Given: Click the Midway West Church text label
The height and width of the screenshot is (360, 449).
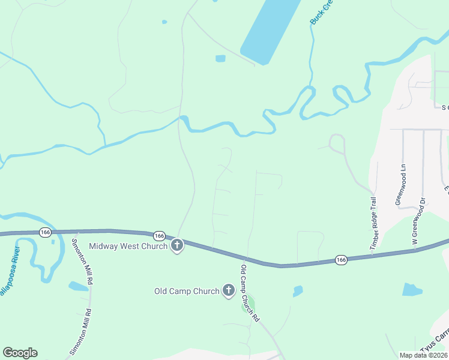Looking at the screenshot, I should pos(128,246).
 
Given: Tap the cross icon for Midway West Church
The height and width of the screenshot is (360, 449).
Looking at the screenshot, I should pos(177,245).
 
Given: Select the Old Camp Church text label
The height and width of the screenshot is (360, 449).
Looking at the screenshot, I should pos(187,291).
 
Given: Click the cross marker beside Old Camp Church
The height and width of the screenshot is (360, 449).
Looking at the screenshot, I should pos(228,291).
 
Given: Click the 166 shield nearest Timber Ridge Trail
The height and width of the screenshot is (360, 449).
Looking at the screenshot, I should pos(341,260).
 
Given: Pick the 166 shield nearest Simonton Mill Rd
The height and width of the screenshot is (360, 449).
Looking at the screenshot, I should pos(45,232).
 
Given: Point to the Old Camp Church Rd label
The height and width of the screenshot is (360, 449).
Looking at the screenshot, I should pos(249,293).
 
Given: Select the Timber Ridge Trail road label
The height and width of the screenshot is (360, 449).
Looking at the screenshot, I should pos(373,221).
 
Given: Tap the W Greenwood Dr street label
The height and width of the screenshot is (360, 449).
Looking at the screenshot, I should pos(418,220).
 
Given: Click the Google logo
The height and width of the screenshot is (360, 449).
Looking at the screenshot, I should pos(20,353).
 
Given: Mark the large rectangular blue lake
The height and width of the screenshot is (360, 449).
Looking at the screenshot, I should pos(270,29).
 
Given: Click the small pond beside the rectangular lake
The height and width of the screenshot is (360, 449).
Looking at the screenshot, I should pos(220,58).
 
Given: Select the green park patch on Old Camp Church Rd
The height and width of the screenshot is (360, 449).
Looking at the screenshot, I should pos(248,304).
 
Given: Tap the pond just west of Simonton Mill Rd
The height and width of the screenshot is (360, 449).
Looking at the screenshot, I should pos(78,286).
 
